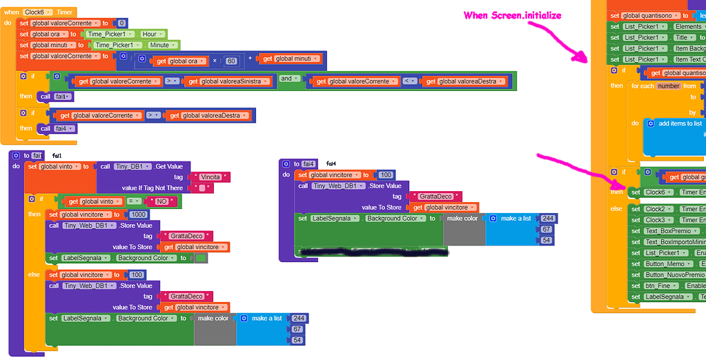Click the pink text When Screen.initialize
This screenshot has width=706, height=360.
[x=512, y=15]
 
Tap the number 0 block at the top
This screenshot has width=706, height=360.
[x=121, y=23]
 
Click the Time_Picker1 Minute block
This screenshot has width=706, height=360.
[x=136, y=45]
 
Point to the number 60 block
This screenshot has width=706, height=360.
[x=231, y=61]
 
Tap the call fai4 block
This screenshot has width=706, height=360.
[x=57, y=128]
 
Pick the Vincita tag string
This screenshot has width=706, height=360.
[x=210, y=177]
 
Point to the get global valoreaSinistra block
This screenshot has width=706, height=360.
[x=228, y=81]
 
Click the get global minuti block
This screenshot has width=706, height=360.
[x=291, y=59]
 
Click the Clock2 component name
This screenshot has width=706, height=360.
[x=656, y=209]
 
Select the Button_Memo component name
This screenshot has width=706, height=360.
[x=664, y=264]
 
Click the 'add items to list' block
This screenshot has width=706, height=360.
[x=680, y=123]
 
